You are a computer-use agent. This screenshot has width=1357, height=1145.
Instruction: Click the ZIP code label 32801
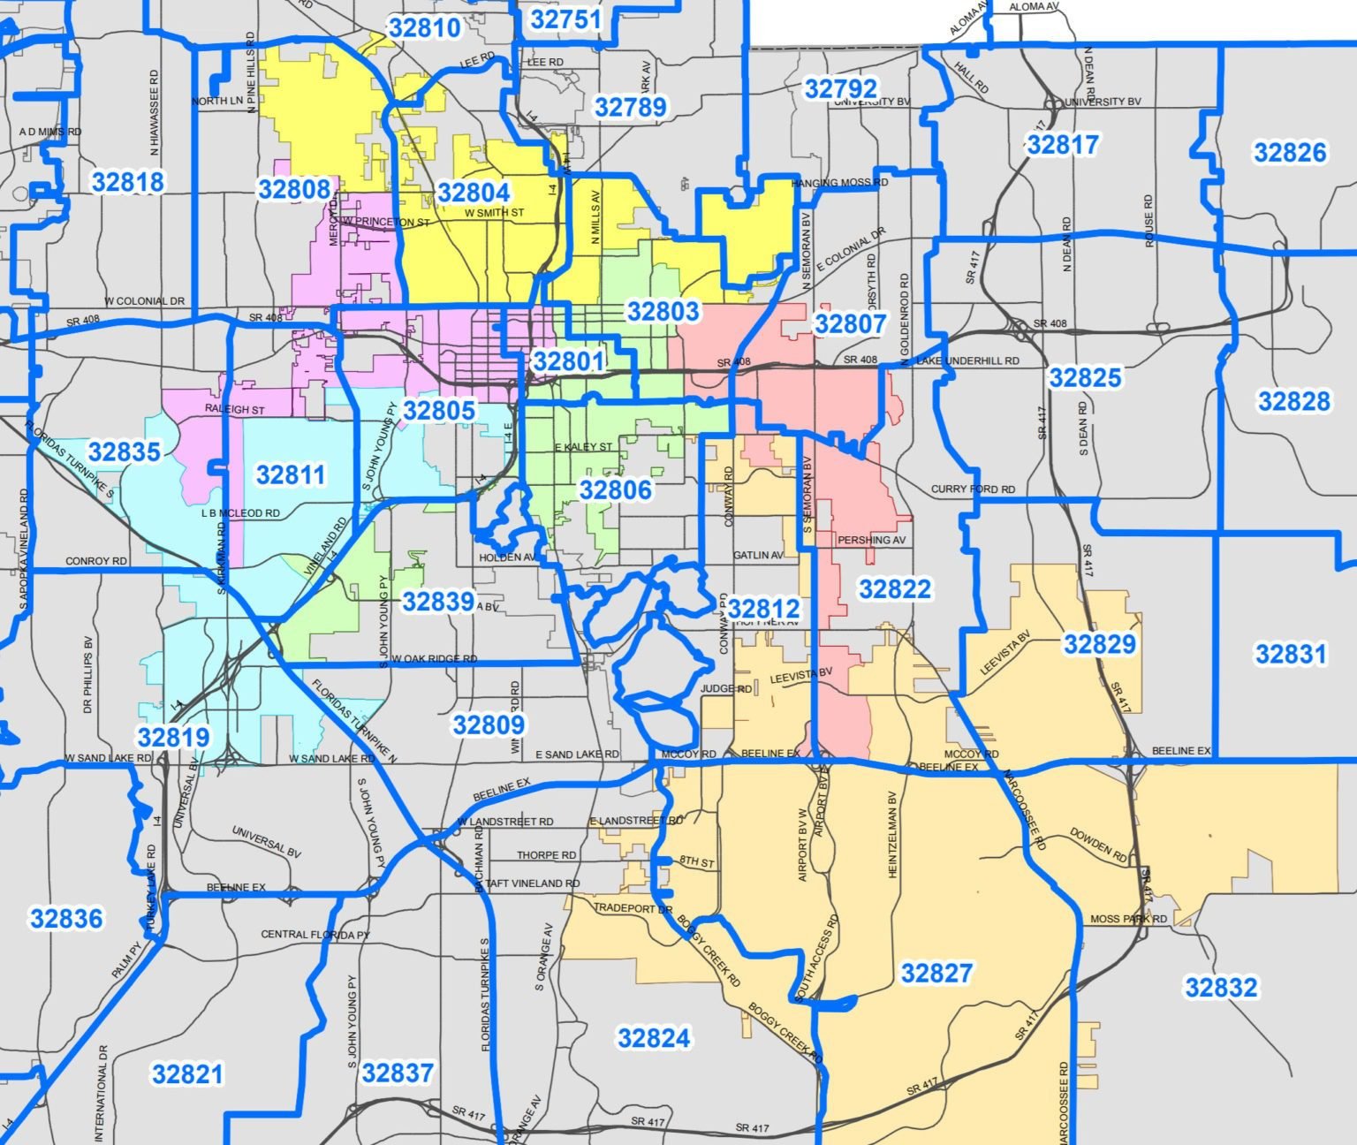pos(568,361)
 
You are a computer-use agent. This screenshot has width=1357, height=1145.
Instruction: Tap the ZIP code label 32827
pos(936,974)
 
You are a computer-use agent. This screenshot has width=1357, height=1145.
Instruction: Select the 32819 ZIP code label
pos(173,737)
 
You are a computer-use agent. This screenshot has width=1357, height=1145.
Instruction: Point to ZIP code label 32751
pos(566,19)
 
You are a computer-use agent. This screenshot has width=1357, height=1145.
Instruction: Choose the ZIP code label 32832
pos(1220,987)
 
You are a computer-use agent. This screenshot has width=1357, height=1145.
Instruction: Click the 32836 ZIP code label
pos(66,919)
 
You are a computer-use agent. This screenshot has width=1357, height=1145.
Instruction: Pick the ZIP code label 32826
pos(1290,153)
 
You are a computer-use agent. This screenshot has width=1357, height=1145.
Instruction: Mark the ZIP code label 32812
pos(764,609)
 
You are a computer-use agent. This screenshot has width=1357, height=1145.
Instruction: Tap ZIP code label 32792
pos(841,88)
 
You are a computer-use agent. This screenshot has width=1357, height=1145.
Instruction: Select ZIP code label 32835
pos(125,452)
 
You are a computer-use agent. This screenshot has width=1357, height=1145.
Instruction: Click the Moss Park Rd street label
pos(1128,920)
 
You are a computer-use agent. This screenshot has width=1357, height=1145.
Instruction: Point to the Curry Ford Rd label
pos(973,489)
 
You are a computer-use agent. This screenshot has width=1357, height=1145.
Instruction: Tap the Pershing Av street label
pos(871,540)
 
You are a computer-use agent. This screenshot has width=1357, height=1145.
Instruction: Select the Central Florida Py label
pos(315,935)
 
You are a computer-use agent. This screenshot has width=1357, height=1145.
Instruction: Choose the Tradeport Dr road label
pos(633,909)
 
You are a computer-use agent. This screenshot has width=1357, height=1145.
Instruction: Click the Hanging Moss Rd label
pos(839,184)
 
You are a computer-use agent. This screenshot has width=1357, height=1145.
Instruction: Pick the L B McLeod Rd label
pos(240,513)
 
